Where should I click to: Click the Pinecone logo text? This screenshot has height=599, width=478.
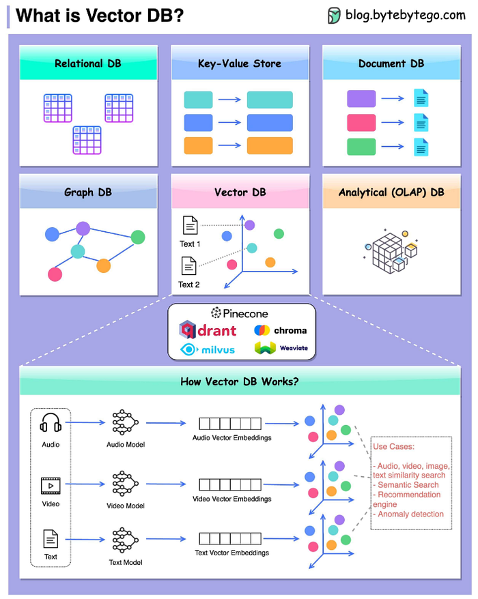pyautogui.click(x=240, y=313)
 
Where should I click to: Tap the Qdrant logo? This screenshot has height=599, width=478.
pyautogui.click(x=208, y=330)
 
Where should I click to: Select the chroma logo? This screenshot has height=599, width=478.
pyautogui.click(x=280, y=330)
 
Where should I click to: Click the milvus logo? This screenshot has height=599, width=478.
pyautogui.click(x=208, y=349)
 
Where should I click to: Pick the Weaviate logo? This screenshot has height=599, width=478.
pyautogui.click(x=280, y=349)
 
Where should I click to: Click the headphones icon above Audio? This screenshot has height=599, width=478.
pyautogui.click(x=51, y=424)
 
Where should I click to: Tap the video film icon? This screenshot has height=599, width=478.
pyautogui.click(x=51, y=486)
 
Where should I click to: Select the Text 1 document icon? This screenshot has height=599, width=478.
pyautogui.click(x=190, y=224)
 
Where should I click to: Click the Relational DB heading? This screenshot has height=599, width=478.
pyautogui.click(x=88, y=63)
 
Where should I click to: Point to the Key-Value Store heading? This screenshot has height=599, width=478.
pyautogui.click(x=239, y=63)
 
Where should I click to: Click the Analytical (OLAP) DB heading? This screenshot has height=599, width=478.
pyautogui.click(x=391, y=192)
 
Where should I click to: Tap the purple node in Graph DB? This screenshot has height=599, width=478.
pyautogui.click(x=83, y=229)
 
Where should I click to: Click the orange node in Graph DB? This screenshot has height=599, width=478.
pyautogui.click(x=103, y=265)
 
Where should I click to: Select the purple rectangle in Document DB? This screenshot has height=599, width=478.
pyautogui.click(x=361, y=99)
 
